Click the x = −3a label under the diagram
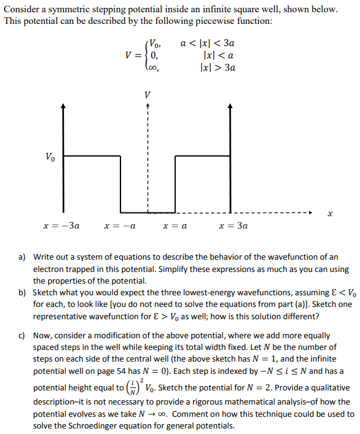[x=62, y=226]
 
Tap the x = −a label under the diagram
[x=120, y=226]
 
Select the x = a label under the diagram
[x=175, y=226]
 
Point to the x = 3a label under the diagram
[x=234, y=226]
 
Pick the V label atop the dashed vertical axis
[x=146, y=95]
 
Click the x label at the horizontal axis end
[x=331, y=213]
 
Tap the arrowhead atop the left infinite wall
[x=63, y=106]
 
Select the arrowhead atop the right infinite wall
[x=230, y=106]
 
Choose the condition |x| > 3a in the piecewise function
[x=218, y=68]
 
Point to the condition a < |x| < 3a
[x=208, y=44]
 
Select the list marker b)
[x=22, y=292]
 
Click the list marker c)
[x=22, y=336]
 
